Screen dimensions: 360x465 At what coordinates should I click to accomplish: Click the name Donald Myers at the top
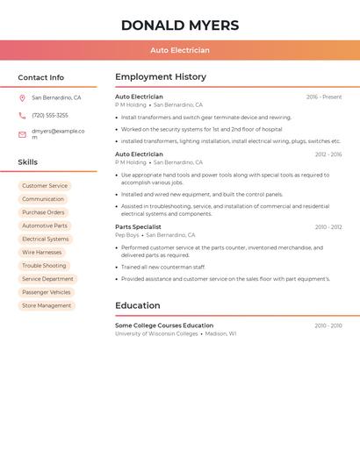(x=179, y=25)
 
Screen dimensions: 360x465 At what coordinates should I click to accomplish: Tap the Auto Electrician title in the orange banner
(x=179, y=50)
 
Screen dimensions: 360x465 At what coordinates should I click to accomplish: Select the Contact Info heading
(x=40, y=77)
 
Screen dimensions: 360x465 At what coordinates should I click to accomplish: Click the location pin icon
(x=22, y=98)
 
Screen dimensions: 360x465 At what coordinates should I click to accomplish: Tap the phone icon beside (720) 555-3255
(x=22, y=115)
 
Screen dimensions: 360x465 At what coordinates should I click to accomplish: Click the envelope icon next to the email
(x=22, y=134)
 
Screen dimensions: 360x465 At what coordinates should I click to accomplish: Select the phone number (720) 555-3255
(x=50, y=115)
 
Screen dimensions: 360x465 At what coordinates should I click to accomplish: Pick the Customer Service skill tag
(x=45, y=186)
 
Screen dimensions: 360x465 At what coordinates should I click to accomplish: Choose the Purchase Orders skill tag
(x=43, y=212)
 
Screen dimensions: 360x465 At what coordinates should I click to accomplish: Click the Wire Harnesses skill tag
(x=42, y=252)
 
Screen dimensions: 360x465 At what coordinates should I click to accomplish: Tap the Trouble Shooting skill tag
(x=44, y=266)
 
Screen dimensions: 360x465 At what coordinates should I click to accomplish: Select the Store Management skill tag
(x=47, y=305)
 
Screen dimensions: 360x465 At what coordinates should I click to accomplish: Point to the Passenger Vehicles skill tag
(x=47, y=292)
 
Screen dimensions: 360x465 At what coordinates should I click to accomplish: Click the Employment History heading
(x=161, y=77)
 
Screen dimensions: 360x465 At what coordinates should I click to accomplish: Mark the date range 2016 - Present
(x=324, y=97)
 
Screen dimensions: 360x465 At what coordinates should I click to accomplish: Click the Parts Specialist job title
(x=138, y=227)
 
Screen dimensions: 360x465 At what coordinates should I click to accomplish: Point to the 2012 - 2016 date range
(x=328, y=154)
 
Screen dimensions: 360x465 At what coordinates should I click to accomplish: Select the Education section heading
(x=137, y=305)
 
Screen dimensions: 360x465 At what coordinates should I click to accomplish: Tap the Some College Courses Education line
(x=164, y=325)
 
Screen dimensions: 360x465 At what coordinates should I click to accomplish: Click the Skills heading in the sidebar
(x=27, y=162)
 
